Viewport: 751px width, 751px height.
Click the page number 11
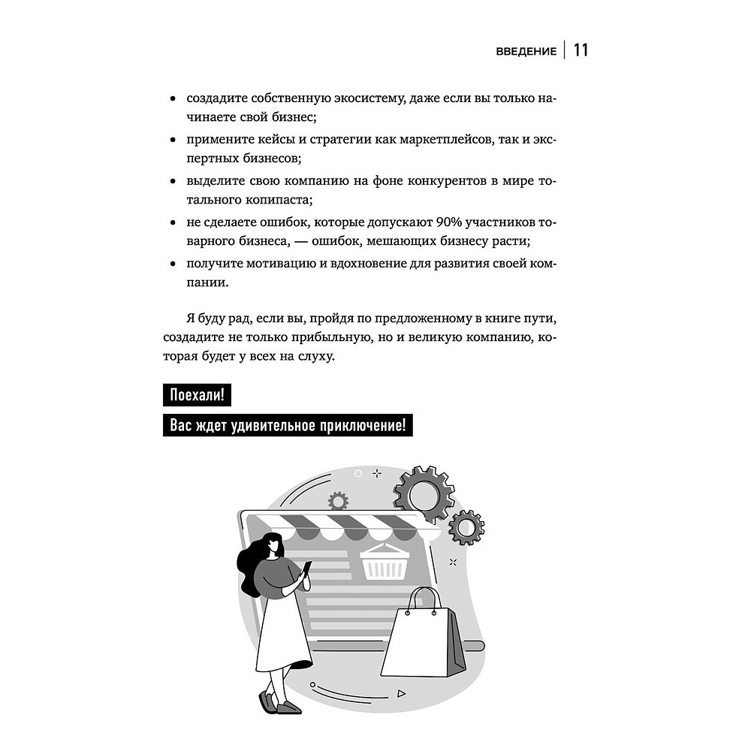pos(581,50)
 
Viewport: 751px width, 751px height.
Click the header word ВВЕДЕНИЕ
pos(526,52)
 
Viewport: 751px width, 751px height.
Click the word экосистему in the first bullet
pos(362,98)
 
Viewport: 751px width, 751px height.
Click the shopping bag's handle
pos(423,599)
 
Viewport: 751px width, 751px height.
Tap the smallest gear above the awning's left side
pos(338,501)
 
